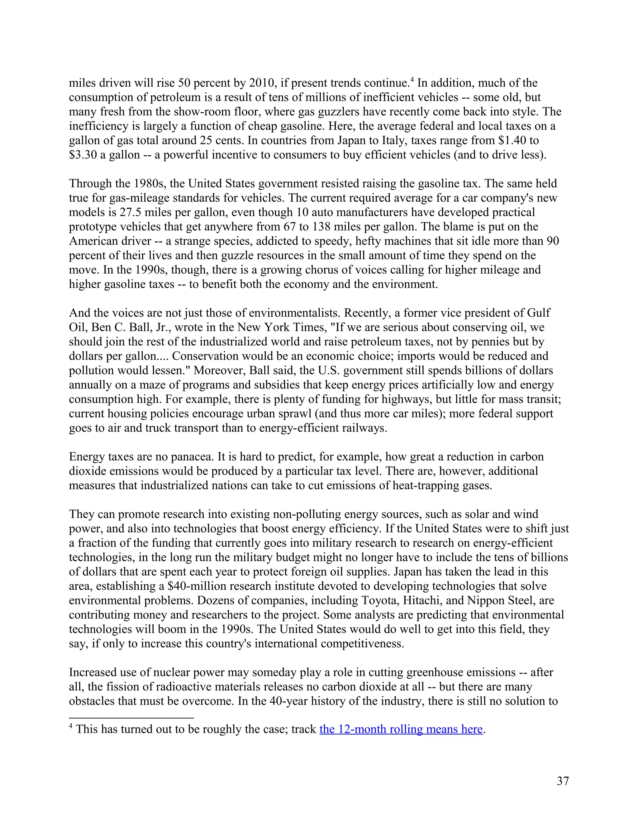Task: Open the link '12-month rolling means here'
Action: pos(401,729)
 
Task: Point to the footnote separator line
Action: pos(131,718)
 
